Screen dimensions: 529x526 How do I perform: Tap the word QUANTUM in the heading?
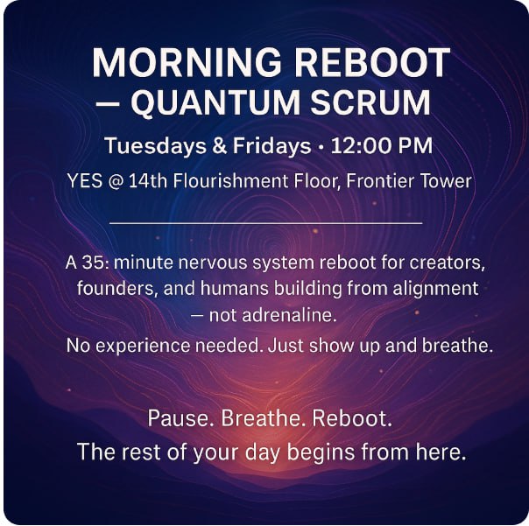tap(215, 102)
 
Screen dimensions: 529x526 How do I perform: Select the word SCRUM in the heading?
tap(370, 102)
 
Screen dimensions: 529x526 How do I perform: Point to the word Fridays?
tap(272, 146)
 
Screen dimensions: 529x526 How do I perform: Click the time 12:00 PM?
tap(382, 145)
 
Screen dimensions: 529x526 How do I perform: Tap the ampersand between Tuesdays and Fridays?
tap(219, 146)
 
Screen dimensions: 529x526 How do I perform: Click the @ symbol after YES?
tap(115, 181)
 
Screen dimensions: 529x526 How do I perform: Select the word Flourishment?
tap(230, 180)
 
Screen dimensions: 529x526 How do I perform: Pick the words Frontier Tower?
tap(408, 180)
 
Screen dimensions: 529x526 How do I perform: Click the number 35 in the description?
tap(93, 263)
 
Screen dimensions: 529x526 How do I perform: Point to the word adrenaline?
tap(273, 315)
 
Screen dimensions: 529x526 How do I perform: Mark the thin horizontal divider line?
tap(266, 223)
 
